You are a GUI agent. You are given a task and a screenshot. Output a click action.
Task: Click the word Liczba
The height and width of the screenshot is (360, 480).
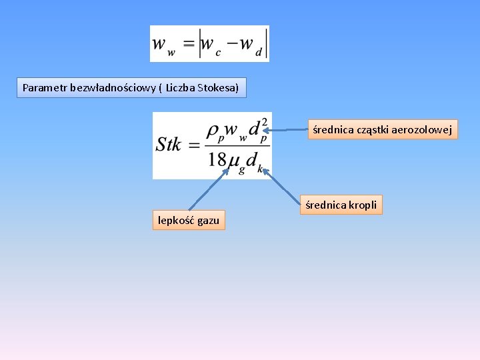pos(180,87)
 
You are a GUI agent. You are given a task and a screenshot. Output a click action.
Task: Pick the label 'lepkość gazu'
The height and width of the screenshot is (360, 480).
pos(189,220)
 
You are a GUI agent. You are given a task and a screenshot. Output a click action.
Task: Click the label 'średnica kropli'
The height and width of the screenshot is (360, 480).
pos(341,205)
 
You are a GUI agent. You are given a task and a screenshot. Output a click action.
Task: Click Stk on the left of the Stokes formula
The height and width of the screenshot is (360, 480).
pos(169,145)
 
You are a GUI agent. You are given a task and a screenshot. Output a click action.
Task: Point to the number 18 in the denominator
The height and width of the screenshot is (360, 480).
pos(217,161)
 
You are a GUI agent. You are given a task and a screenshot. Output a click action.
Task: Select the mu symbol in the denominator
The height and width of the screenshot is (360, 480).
pos(234,161)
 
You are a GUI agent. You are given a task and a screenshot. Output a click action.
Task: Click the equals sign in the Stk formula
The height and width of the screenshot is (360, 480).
pos(194,145)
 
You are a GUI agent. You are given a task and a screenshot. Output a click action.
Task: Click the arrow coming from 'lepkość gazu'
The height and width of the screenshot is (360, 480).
pos(209,189)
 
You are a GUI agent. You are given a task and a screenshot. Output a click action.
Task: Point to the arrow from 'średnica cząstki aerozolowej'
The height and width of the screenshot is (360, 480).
pos(288,130)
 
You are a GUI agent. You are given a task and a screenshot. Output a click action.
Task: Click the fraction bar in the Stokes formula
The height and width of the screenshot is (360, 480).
pos(236,145)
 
